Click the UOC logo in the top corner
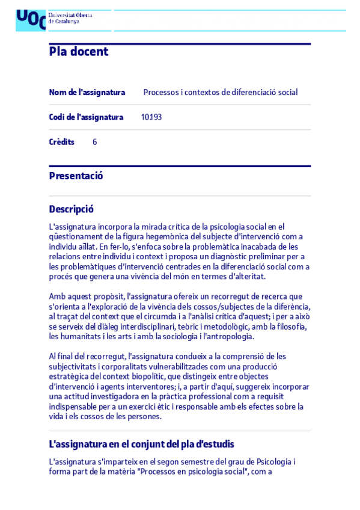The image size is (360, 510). tap(31, 19)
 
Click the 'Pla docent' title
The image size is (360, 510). tap(79, 52)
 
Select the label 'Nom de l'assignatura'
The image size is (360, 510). tap(87, 93)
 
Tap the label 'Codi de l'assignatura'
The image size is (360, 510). tap(86, 117)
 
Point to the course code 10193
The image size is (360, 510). tap(151, 117)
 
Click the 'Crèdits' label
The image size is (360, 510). tap(61, 143)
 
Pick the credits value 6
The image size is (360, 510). tap(95, 143)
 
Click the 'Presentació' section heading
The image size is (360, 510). tap(76, 176)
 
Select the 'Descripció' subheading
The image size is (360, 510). tap(71, 209)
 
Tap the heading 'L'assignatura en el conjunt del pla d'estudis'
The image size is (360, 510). tap(141, 444)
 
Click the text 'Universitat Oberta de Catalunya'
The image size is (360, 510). tap(70, 18)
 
